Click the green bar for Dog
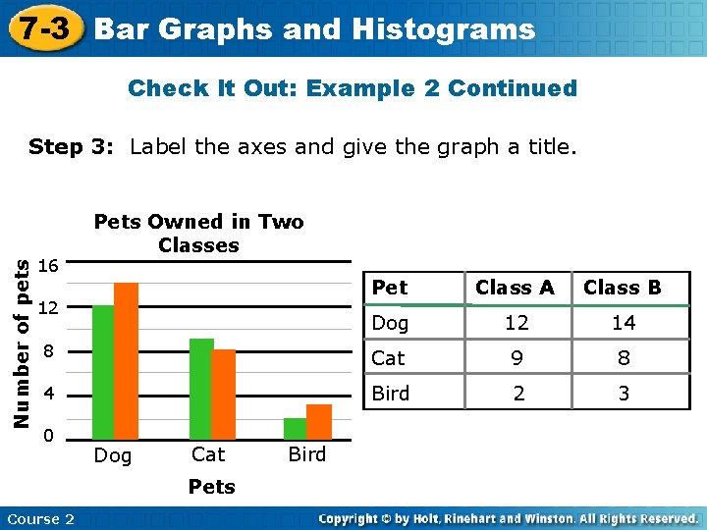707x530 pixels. pyautogui.click(x=103, y=372)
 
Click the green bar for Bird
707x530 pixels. pyautogui.click(x=295, y=429)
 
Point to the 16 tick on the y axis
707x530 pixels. pyautogui.click(x=48, y=266)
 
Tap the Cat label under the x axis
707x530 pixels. pyautogui.click(x=208, y=454)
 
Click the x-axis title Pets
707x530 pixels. pyautogui.click(x=211, y=487)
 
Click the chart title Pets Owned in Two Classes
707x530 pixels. pyautogui.click(x=198, y=234)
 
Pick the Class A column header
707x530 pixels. pyautogui.click(x=515, y=288)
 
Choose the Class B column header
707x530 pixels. pyautogui.click(x=623, y=288)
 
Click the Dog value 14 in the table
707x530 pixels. pyautogui.click(x=623, y=323)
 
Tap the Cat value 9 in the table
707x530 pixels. pyautogui.click(x=515, y=358)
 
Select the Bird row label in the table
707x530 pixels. pyautogui.click(x=391, y=394)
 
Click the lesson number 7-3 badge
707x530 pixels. pyautogui.click(x=43, y=28)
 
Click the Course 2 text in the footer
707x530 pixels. pyautogui.click(x=40, y=519)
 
